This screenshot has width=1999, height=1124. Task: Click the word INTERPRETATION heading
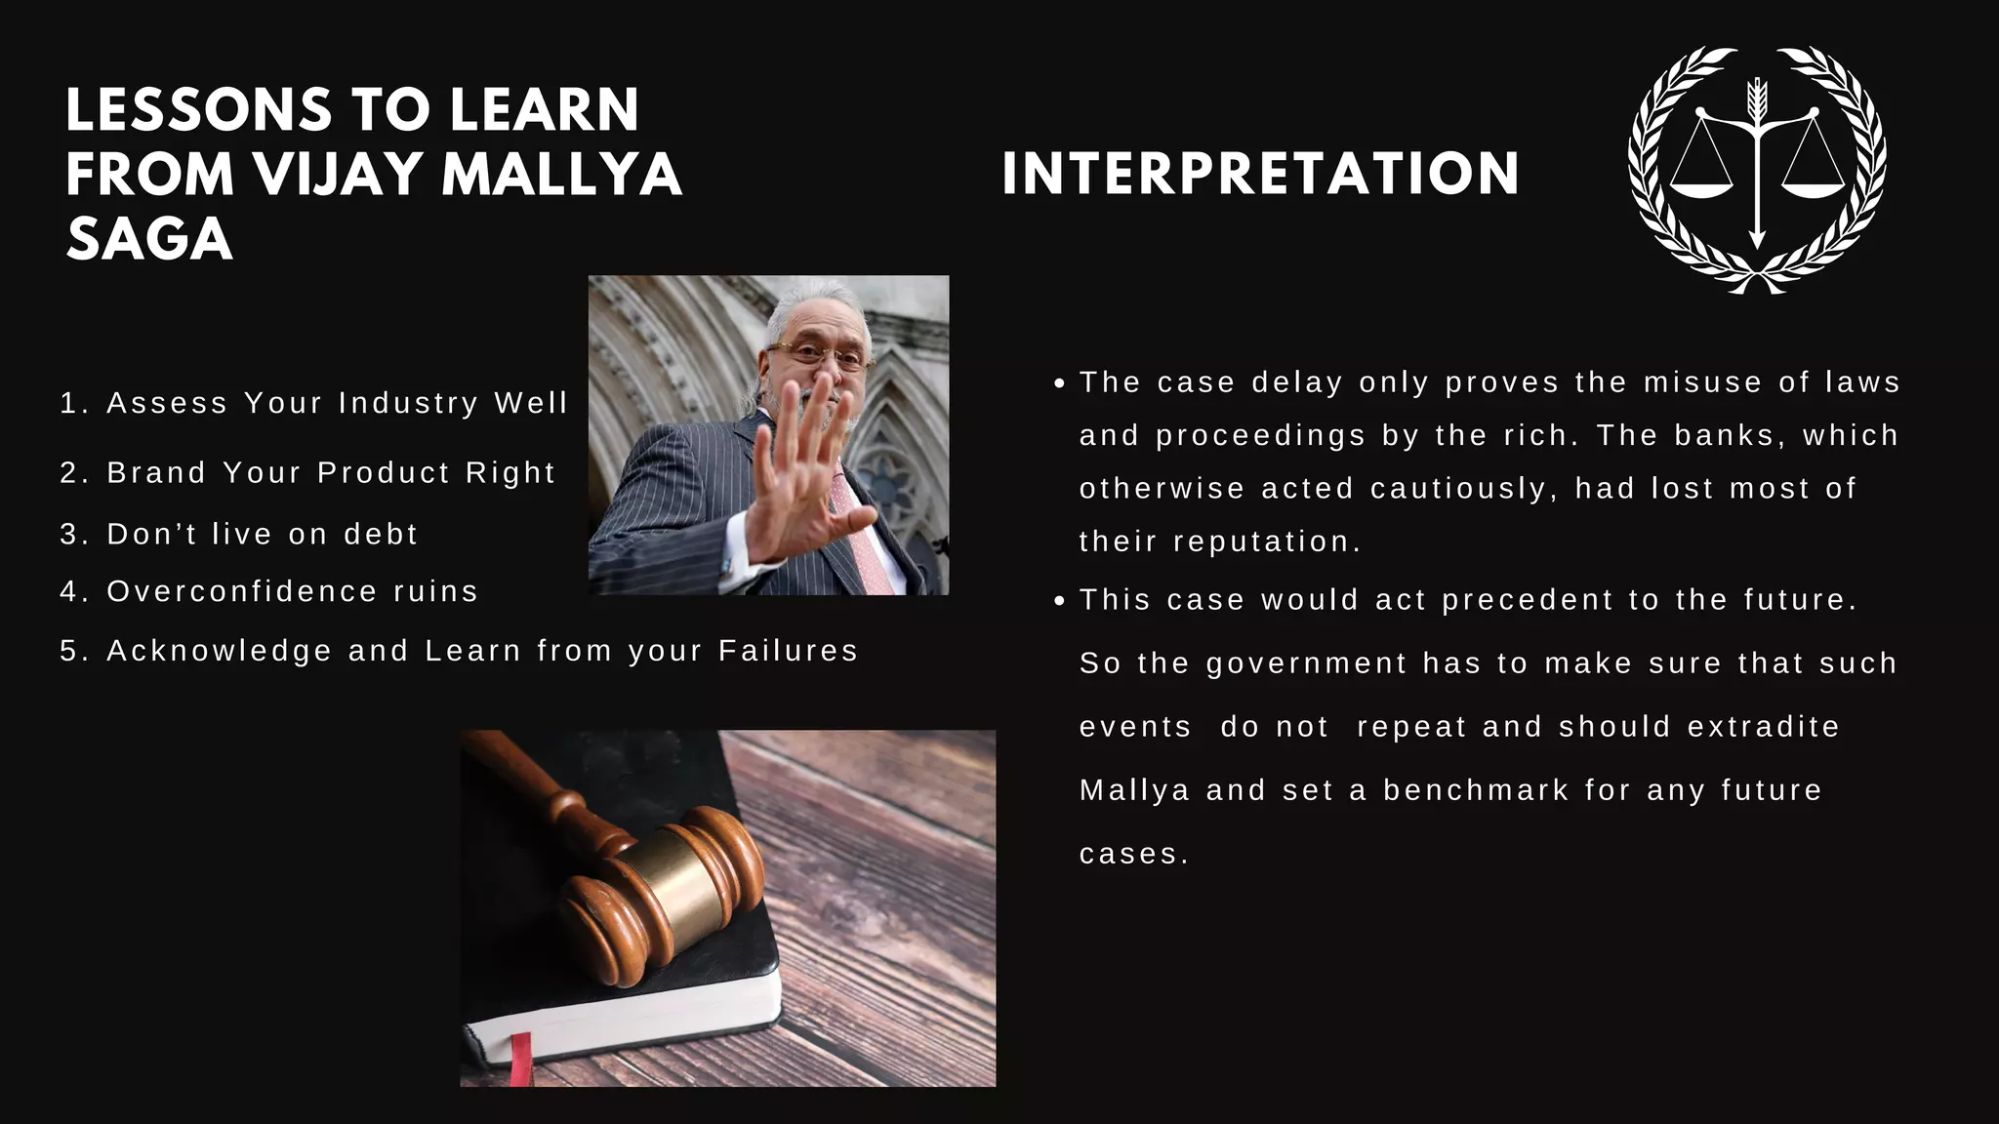click(x=1260, y=174)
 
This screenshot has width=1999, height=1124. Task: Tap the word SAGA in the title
click(x=149, y=240)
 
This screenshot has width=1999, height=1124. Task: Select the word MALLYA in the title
click(x=561, y=175)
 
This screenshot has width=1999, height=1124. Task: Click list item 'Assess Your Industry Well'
click(x=313, y=403)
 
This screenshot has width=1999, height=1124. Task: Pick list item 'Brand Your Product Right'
click(x=307, y=472)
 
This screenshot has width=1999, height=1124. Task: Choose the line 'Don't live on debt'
click(x=239, y=534)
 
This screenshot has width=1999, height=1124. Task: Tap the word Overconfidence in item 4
click(x=242, y=591)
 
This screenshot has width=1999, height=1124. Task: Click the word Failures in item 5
click(x=788, y=650)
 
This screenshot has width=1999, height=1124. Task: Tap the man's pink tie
click(x=863, y=537)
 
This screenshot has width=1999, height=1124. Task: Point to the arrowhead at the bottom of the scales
click(x=1757, y=239)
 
